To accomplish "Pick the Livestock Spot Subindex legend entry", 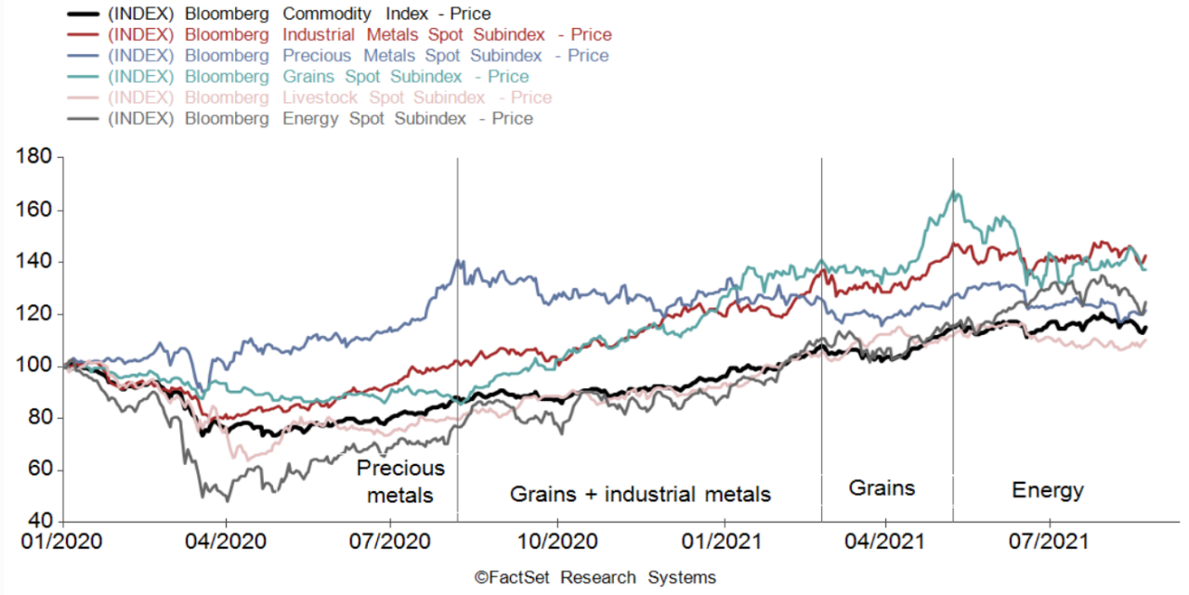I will click(330, 97).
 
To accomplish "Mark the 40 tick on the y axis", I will click(42, 523).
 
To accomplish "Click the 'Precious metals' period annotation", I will click(400, 482).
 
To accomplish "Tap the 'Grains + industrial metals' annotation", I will click(640, 494).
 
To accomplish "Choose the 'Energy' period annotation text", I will click(1048, 490).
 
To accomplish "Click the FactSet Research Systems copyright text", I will click(595, 577).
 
